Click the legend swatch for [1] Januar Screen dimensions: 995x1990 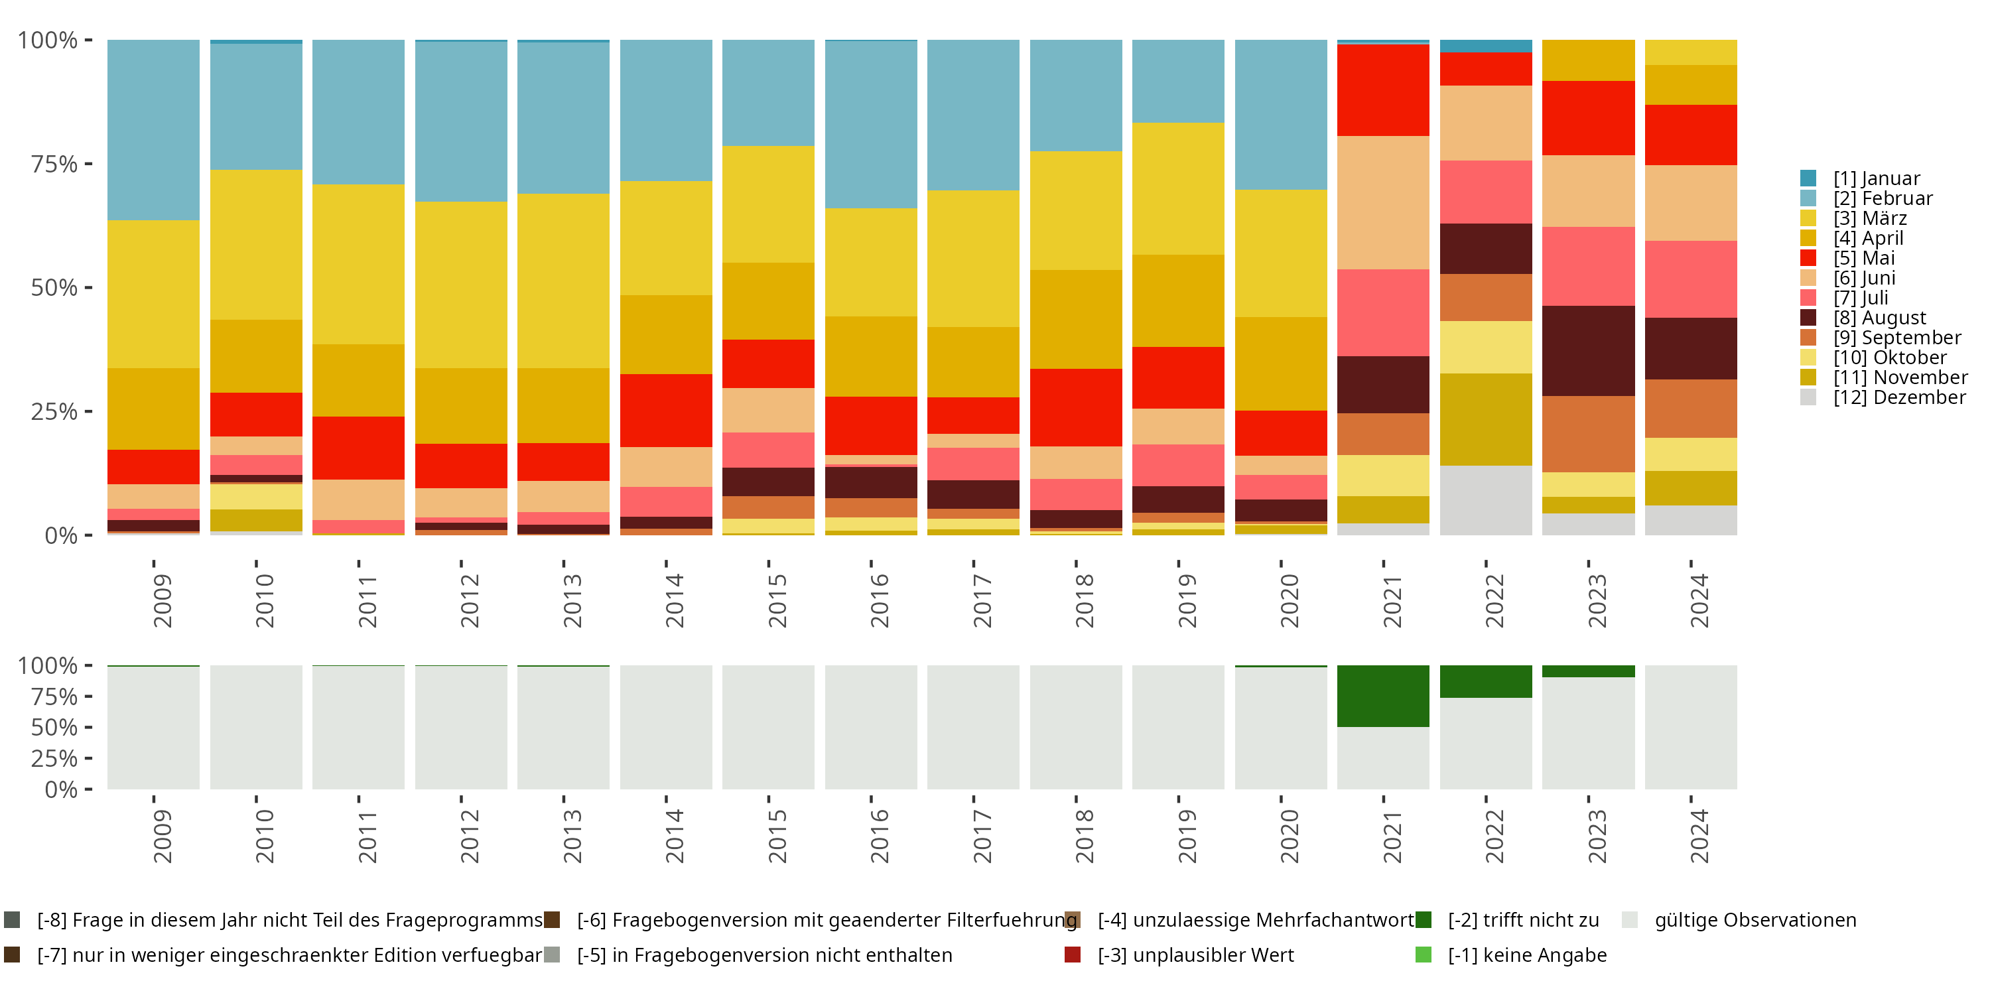pyautogui.click(x=1808, y=178)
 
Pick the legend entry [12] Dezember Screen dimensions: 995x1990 pyautogui.click(x=1899, y=397)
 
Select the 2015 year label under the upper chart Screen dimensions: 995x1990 pyautogui.click(x=777, y=600)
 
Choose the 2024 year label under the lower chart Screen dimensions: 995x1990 pyautogui.click(x=1699, y=836)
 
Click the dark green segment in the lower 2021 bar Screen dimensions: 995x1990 pyautogui.click(x=1383, y=695)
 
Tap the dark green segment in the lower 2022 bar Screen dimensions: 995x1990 pyautogui.click(x=1486, y=681)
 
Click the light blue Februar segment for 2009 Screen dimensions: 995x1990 pyautogui.click(x=153, y=130)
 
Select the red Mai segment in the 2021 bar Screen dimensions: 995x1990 pyautogui.click(x=1383, y=90)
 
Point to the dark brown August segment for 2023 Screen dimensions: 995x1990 pyautogui.click(x=1588, y=351)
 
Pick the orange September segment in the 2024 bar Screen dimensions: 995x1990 pyautogui.click(x=1690, y=408)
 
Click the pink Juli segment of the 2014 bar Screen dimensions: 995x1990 pyautogui.click(x=666, y=501)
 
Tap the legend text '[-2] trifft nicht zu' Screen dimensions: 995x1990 pyautogui.click(x=1522, y=920)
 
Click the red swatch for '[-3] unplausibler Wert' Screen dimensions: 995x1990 pyautogui.click(x=1072, y=955)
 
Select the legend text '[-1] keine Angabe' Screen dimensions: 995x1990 pyautogui.click(x=1526, y=955)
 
